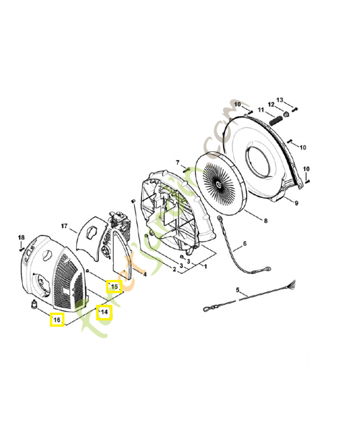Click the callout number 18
(22, 238)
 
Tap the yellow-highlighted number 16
(57, 319)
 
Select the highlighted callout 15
(114, 286)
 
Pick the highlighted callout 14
(104, 313)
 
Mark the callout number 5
(178, 162)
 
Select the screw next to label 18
(22, 248)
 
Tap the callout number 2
(174, 270)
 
